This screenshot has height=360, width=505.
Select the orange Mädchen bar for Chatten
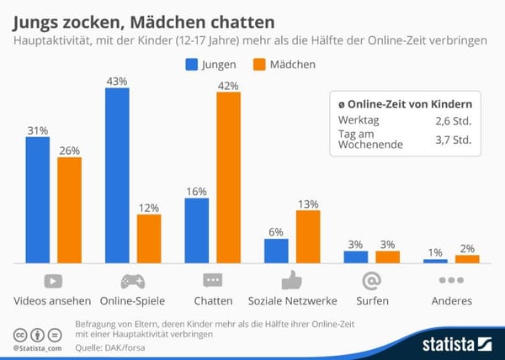[x=228, y=177]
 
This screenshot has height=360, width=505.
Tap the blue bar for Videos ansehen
[x=38, y=199]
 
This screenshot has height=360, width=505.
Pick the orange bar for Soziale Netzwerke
[x=308, y=236]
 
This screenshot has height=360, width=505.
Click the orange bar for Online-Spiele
[x=149, y=239]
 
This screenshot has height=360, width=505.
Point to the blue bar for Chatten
[x=196, y=230]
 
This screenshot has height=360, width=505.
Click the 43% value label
[x=117, y=81]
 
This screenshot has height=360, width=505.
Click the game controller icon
[x=133, y=280]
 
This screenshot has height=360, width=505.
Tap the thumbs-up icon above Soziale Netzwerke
[x=291, y=280]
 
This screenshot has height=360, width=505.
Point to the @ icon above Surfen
[x=371, y=280]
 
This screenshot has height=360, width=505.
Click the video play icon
[x=53, y=280]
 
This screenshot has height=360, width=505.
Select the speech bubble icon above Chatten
[x=212, y=280]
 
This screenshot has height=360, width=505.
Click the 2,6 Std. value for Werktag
[x=453, y=122]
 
